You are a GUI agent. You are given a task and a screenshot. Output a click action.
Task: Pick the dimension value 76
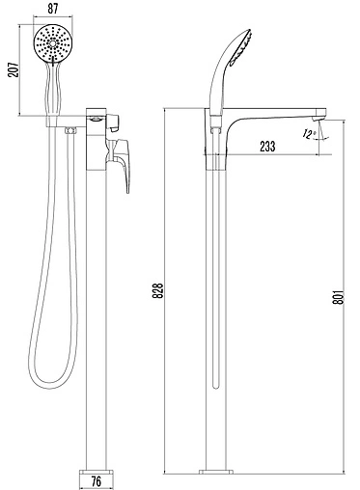96,481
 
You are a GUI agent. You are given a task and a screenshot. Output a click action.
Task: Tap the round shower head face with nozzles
51,43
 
